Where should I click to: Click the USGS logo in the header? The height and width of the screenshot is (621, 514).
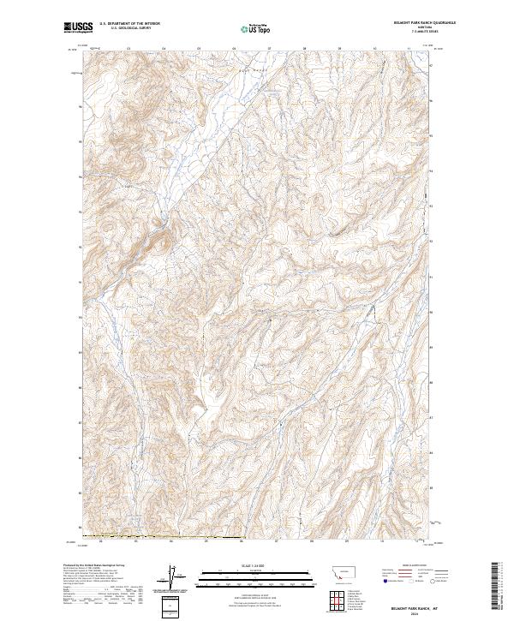(x=77, y=28)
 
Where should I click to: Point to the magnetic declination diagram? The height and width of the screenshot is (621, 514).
(x=170, y=578)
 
